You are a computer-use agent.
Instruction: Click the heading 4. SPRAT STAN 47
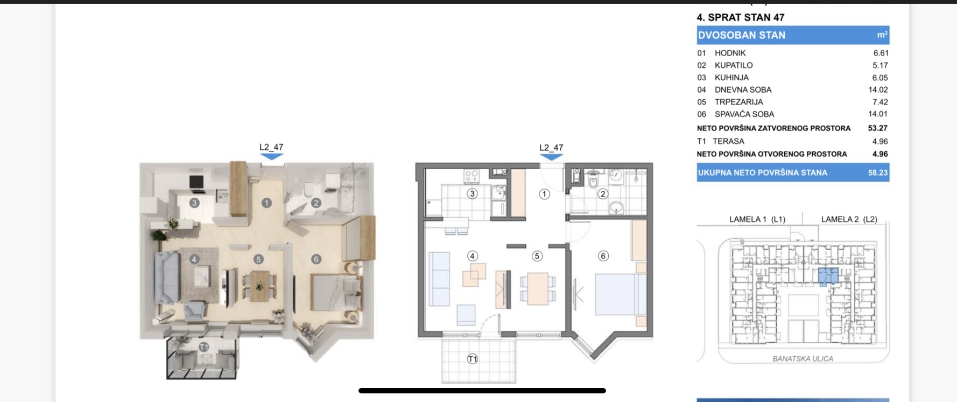pos(741,17)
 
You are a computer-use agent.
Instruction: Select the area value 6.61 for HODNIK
pos(881,53)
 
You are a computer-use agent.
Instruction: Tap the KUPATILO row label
pos(734,65)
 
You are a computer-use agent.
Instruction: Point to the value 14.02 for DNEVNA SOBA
pos(878,89)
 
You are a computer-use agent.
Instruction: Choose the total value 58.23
pos(878,172)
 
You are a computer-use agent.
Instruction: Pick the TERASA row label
pos(728,141)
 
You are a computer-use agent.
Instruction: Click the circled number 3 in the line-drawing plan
pos(472,193)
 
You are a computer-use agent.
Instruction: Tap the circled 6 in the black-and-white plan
pos(603,256)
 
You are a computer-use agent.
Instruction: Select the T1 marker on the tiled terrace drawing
pos(473,359)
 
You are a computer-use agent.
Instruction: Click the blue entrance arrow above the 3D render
pos(271,157)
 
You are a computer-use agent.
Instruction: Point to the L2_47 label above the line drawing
pos(551,148)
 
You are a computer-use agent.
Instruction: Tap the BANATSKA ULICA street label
pos(803,358)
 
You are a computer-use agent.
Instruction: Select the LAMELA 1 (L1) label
pos(757,219)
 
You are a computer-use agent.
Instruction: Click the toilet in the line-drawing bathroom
pos(593,179)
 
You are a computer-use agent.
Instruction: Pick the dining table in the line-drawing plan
pos(537,289)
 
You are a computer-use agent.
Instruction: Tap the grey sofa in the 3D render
pos(166,278)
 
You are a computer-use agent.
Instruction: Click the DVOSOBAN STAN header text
pos(742,35)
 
